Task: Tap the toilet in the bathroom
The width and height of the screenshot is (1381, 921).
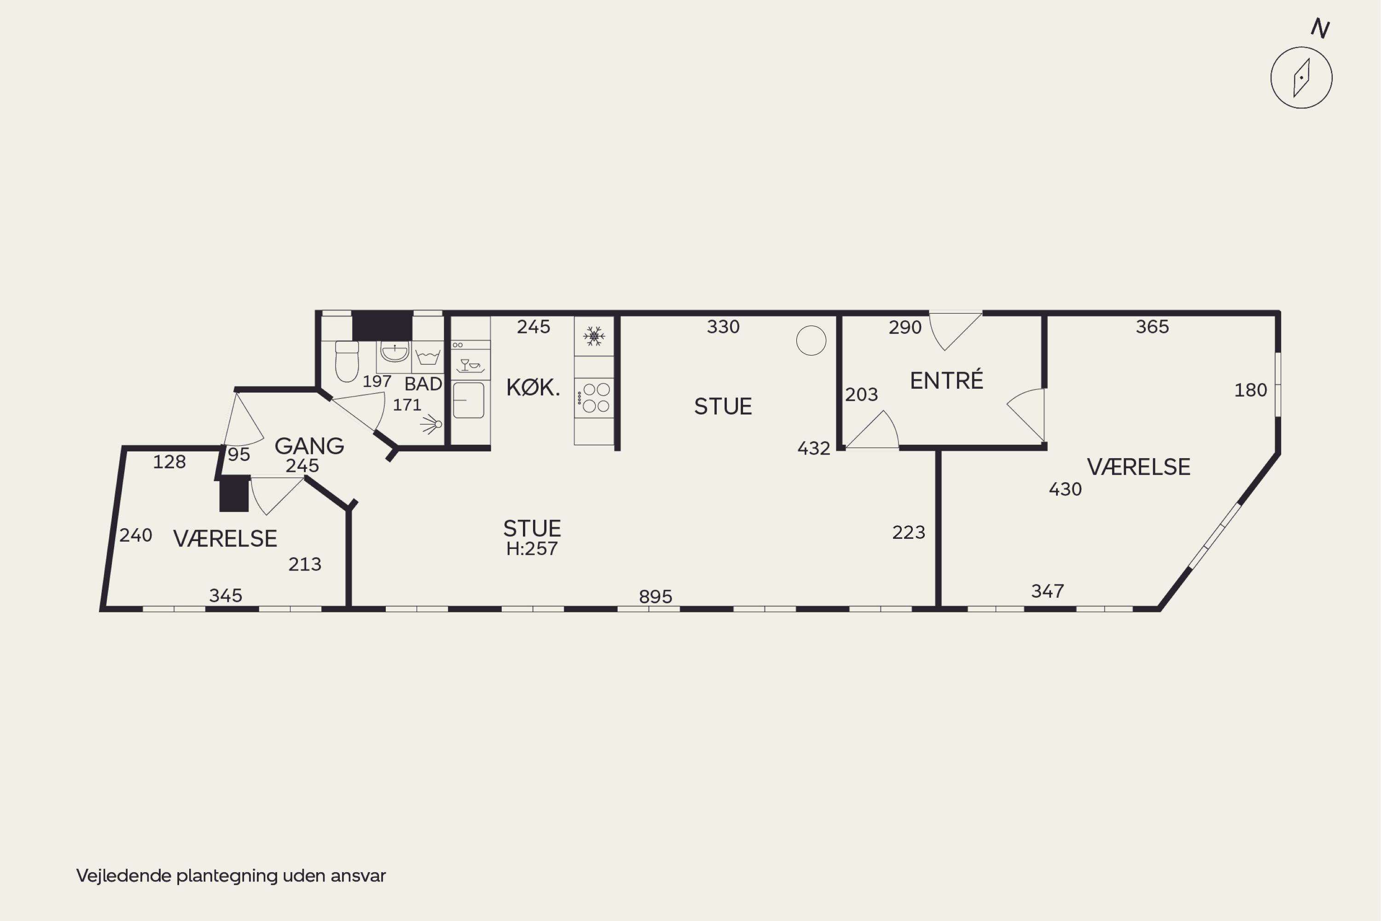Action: coord(347,361)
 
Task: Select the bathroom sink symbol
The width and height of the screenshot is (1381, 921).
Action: coord(395,352)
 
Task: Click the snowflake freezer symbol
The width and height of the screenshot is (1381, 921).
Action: coord(594,337)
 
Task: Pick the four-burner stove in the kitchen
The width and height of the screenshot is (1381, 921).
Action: coord(594,398)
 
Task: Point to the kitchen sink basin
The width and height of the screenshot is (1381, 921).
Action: coord(469,400)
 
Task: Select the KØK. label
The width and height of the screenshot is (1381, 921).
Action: coord(533,388)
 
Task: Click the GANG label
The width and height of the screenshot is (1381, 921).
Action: coord(309,446)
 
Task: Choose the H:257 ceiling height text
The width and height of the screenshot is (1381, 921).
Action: coord(532,548)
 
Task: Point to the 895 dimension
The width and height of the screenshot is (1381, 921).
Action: coord(655,597)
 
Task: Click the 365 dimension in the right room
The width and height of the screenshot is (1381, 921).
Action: coord(1152,326)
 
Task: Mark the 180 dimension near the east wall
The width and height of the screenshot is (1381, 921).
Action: coord(1251,390)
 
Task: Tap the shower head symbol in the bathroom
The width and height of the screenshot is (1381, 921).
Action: coord(432,424)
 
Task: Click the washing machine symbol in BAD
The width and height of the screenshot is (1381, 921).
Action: coord(428,356)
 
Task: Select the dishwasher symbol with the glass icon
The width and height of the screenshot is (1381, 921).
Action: coord(470,365)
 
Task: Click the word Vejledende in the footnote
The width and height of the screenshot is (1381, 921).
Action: coord(124,876)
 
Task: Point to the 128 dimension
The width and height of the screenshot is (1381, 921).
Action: coord(169,462)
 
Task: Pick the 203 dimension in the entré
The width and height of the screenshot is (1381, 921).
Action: coord(861,395)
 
